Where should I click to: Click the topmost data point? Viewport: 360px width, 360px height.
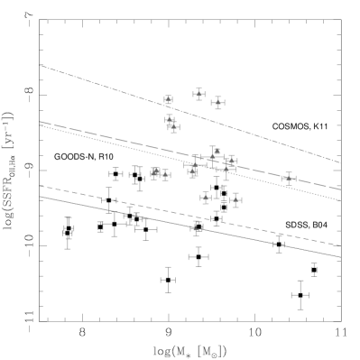(198, 94)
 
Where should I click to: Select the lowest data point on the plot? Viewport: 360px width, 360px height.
(196, 228)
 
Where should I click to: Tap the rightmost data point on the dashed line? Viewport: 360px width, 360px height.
(288, 179)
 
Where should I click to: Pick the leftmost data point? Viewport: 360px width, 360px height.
(155, 172)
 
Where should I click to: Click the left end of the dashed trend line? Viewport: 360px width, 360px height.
(41, 122)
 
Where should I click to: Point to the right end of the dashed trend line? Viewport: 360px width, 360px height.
(340, 189)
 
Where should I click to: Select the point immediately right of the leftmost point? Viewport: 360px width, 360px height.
(165, 174)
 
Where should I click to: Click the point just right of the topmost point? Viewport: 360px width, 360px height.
(217, 103)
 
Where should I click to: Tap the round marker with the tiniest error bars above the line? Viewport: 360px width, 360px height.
(168, 99)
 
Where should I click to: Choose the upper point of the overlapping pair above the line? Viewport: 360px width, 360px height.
(170, 119)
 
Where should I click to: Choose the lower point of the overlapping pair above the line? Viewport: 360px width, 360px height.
(173, 127)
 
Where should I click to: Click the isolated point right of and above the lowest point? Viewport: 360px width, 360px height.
(235, 200)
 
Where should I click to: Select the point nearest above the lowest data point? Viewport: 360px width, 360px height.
(206, 198)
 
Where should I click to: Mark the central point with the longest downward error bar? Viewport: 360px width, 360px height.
(226, 168)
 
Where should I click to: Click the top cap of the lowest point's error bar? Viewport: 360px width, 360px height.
(196, 221)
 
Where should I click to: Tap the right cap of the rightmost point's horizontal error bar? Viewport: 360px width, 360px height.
(296, 179)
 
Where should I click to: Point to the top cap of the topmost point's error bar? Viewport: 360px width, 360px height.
(198, 88)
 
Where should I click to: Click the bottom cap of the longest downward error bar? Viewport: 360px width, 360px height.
(226, 180)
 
